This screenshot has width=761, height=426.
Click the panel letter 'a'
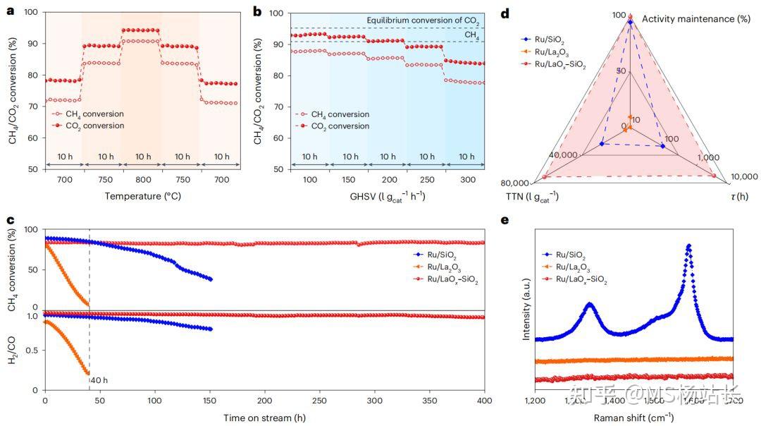11,11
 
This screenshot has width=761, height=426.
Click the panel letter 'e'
505,219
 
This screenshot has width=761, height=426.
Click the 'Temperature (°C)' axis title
142,196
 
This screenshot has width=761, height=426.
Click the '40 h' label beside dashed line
100,381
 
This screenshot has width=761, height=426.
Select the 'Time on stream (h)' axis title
264,418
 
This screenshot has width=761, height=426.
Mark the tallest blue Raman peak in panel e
688,246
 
